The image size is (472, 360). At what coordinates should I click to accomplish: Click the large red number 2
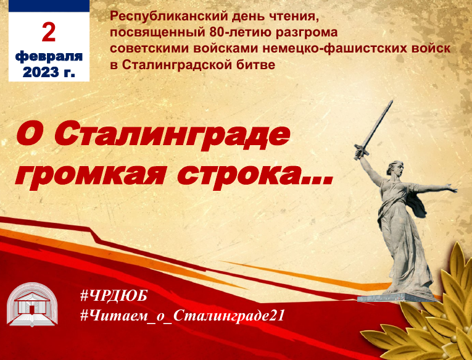click(x=49, y=32)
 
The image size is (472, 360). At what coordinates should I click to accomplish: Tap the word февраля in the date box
click(x=49, y=56)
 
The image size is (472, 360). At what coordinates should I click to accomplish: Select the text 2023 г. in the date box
click(x=49, y=72)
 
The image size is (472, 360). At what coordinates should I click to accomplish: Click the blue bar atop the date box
click(x=49, y=6)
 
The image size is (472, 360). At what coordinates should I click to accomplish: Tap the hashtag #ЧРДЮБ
click(x=114, y=296)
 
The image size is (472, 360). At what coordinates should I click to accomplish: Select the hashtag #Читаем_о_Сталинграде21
click(x=183, y=316)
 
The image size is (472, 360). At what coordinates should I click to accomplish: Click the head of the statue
click(x=395, y=169)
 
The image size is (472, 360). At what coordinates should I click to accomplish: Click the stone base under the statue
click(x=397, y=297)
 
